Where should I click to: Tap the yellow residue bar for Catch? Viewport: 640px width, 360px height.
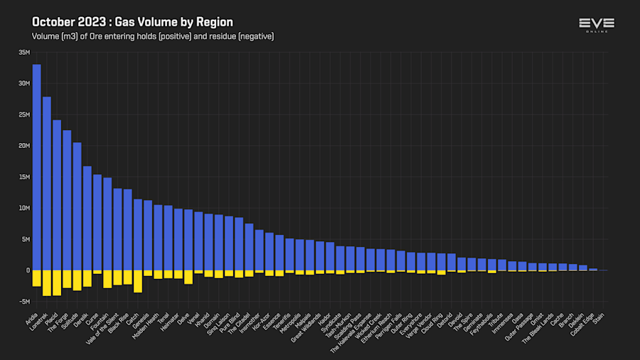(138, 281)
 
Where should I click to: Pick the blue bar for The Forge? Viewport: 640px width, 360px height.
(67, 200)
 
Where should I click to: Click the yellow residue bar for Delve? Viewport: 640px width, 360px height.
(188, 277)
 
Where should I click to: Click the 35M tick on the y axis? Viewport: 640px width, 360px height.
(24, 52)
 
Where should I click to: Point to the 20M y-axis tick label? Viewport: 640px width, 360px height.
(24, 146)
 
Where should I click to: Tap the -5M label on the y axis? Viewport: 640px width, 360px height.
(24, 302)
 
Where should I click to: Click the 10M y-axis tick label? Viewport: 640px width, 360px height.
(24, 208)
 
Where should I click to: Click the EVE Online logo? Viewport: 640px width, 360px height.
(597, 25)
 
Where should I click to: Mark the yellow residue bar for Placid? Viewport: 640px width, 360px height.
(57, 282)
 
